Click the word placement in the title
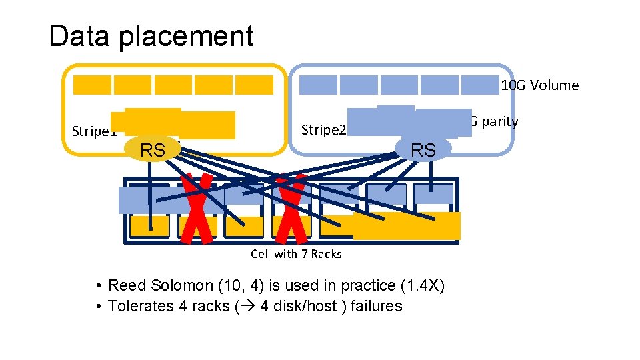[x=186, y=37]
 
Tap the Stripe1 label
[x=93, y=131]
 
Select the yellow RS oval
[x=153, y=151]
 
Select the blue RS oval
[x=423, y=150]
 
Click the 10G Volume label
[x=539, y=85]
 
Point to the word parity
[x=497, y=121]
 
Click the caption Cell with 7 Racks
[x=296, y=253]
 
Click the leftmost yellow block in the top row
[x=92, y=85]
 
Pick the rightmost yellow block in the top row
[x=254, y=85]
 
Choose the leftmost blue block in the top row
[x=318, y=85]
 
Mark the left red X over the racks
[x=199, y=207]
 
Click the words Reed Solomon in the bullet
[x=160, y=286]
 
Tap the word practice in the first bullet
[x=369, y=286]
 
